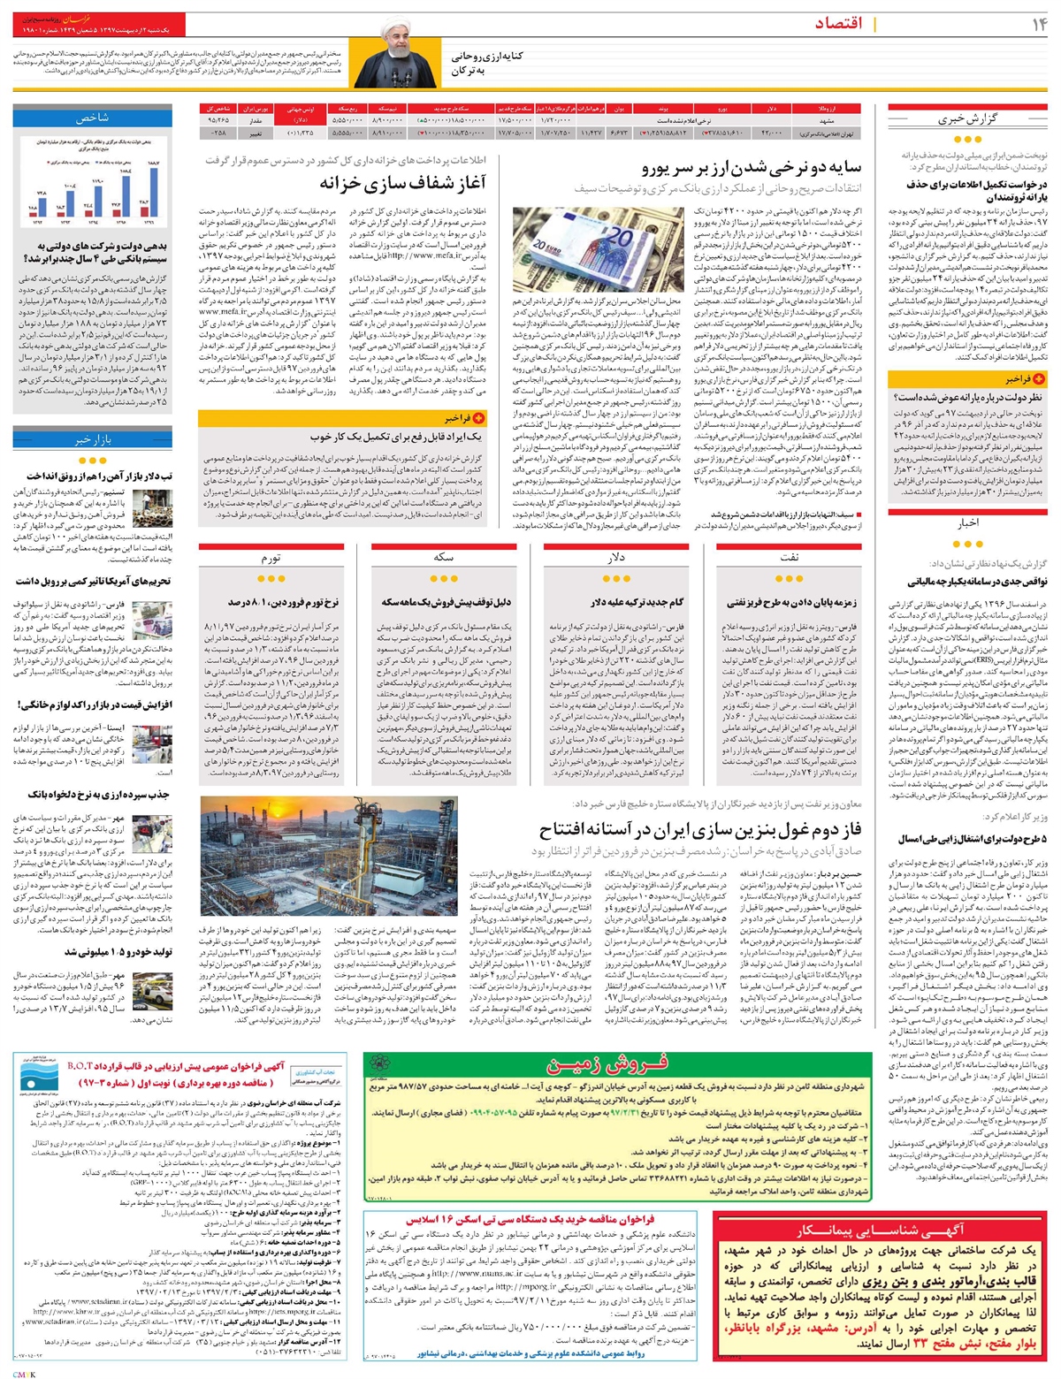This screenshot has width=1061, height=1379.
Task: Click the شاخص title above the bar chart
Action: (92, 117)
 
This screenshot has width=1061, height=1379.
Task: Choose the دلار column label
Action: (616, 559)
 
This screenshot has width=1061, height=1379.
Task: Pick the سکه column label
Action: (444, 559)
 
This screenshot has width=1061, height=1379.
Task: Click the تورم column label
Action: (271, 559)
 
